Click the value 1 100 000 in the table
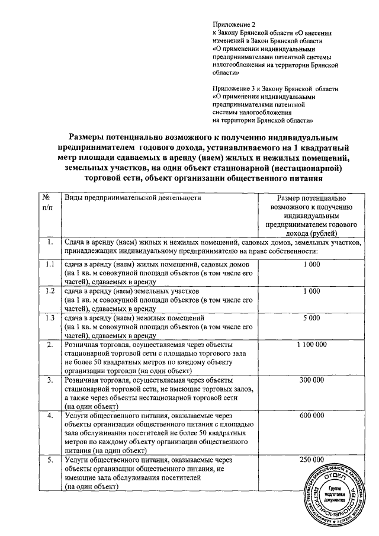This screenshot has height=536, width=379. coord(311,344)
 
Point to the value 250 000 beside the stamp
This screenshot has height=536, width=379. coord(311,460)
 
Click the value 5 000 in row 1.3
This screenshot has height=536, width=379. coord(311,317)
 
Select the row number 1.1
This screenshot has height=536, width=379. coord(50,264)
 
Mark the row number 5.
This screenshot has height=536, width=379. coord(50,460)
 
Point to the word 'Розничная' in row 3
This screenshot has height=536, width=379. coord(82,379)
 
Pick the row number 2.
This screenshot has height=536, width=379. coord(50,344)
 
